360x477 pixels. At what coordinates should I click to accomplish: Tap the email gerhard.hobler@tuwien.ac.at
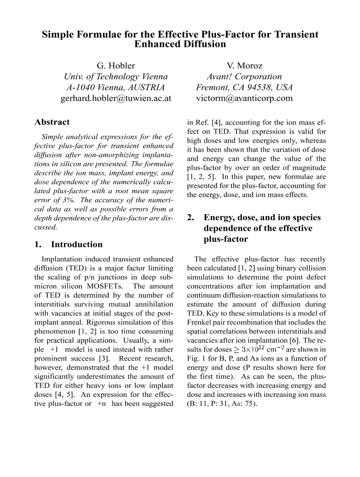point(116,99)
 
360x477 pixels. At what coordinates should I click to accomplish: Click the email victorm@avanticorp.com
point(245,99)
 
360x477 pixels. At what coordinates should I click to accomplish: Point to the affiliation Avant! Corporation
point(244,76)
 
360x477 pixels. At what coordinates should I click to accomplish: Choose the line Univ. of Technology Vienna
point(116,76)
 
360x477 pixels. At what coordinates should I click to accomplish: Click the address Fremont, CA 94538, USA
point(245,88)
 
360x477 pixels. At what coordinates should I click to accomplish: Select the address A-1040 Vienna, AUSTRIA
point(116,88)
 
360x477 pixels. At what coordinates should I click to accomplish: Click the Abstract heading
point(52,122)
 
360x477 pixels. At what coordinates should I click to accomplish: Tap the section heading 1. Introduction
point(69,244)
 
